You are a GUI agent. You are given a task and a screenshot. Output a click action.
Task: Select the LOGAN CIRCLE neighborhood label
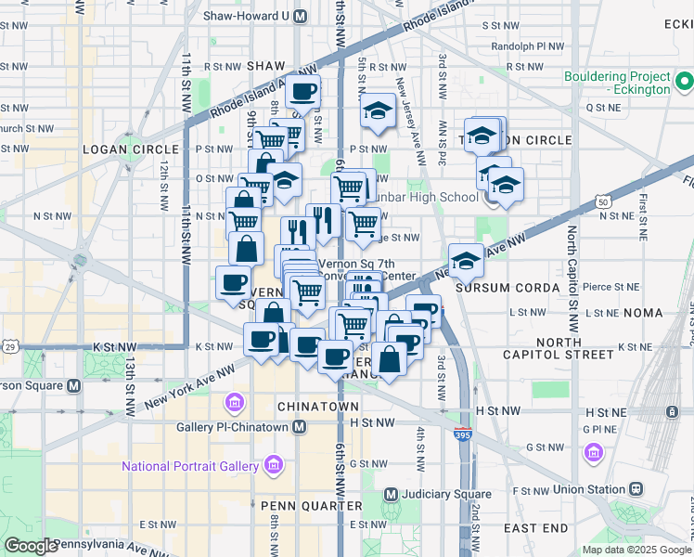130,149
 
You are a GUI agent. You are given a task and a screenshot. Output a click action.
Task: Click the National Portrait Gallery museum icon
273,464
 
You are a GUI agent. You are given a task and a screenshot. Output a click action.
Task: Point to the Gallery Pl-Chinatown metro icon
299,427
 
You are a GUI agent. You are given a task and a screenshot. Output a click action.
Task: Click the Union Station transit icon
636,488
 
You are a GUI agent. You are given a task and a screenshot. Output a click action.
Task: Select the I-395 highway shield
462,434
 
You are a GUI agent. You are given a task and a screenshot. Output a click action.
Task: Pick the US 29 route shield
10,346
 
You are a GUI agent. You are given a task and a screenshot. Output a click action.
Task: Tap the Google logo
32,546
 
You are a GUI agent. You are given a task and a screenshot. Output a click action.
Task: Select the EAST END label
535,527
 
